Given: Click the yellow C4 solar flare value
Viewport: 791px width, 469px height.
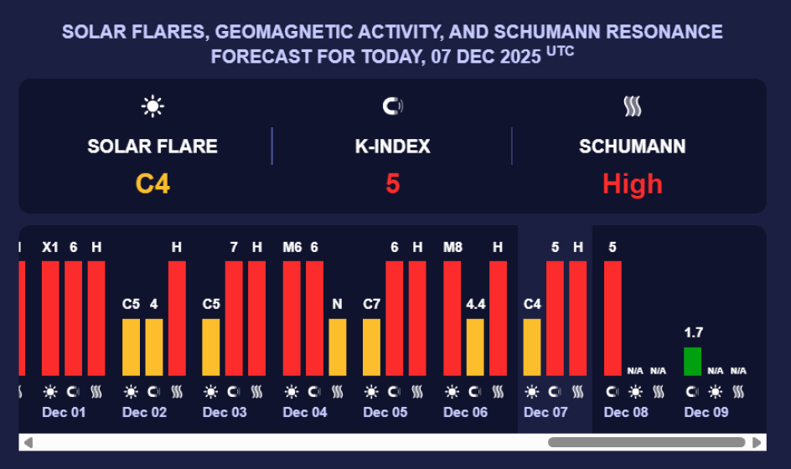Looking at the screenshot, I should point(153,183).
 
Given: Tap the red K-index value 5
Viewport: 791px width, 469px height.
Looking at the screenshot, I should point(392,183).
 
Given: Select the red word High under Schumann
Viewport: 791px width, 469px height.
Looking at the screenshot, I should point(632,183).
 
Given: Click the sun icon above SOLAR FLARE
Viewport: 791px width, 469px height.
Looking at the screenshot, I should point(153,106).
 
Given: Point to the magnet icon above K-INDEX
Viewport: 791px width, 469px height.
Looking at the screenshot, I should point(392,106).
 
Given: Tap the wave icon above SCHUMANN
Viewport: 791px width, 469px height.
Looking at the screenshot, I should point(632,106).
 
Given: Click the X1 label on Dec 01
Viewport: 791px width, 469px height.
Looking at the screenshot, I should point(50,247).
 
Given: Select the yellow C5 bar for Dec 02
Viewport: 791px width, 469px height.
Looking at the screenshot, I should point(131,347).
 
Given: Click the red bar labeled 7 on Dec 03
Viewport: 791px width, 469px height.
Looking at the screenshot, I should point(234,318).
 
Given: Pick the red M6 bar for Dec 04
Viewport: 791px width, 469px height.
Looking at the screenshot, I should point(292,318).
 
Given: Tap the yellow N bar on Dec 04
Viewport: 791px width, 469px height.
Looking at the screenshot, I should point(337,347).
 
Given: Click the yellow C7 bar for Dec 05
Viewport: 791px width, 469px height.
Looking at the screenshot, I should point(371,347).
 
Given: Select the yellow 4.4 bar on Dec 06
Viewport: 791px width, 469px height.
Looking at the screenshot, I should point(475,347).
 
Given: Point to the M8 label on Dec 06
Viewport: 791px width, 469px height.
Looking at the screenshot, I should point(452,247).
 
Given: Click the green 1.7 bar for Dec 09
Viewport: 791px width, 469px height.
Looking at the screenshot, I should point(692,361).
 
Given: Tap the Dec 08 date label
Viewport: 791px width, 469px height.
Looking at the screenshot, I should point(626,412).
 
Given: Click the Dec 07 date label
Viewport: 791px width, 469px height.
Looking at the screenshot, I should point(545,412).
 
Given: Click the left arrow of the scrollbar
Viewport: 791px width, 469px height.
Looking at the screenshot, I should point(28,442).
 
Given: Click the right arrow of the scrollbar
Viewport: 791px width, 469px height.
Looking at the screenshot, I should point(757,442).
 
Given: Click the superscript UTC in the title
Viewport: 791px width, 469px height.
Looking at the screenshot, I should point(561,52).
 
